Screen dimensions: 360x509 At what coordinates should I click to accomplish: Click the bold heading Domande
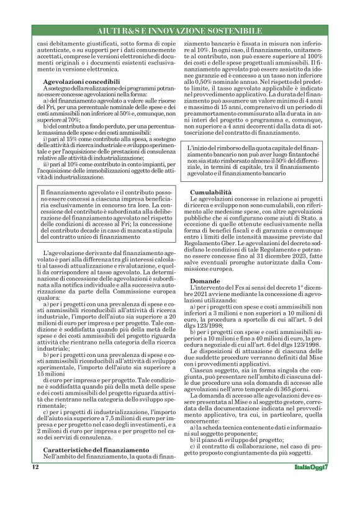tap(205, 281)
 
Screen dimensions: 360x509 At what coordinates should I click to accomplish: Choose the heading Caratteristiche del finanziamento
tap(96, 467)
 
